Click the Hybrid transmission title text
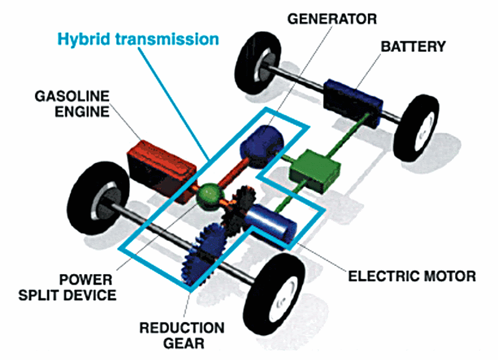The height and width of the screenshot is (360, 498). coord(138,39)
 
